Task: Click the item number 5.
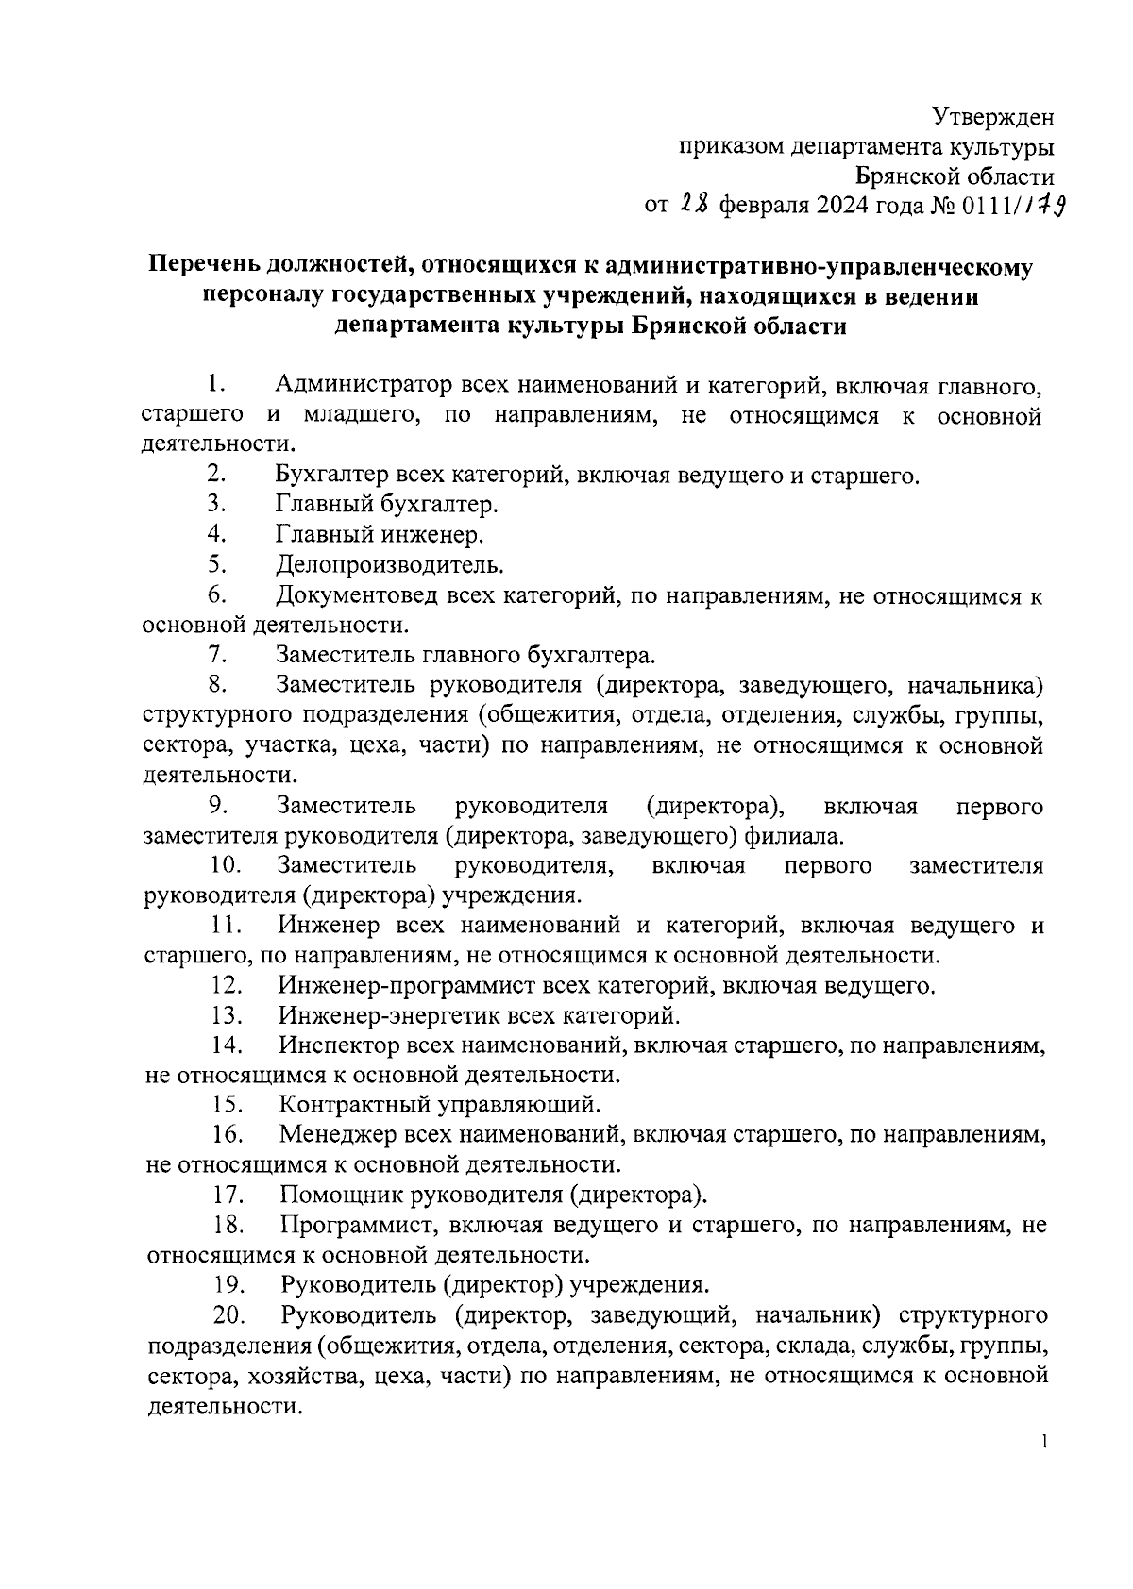click(216, 564)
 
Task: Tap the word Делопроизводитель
click(389, 565)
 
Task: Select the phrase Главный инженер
click(380, 535)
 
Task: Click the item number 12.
click(228, 986)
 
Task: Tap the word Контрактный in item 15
click(350, 1104)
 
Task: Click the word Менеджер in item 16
click(337, 1134)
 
